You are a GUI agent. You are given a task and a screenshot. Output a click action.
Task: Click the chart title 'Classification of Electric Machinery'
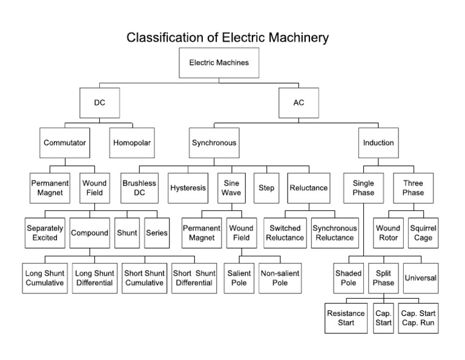pos(228,38)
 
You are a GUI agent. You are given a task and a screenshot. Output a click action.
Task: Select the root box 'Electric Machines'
pos(219,62)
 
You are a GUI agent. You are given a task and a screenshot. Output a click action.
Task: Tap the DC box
pos(99,102)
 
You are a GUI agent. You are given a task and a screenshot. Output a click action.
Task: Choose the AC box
pos(298,102)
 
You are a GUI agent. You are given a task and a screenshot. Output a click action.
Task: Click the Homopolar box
pos(131,143)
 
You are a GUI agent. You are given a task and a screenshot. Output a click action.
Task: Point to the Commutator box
pos(65,143)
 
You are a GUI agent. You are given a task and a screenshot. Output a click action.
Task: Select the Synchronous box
pos(214,143)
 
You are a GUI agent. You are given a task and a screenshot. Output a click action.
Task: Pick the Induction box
pos(378,143)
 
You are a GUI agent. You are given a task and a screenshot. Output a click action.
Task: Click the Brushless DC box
pos(139,188)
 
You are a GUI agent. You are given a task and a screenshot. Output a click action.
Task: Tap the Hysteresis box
pos(188,188)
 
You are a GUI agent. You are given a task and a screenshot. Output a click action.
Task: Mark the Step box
pos(266,188)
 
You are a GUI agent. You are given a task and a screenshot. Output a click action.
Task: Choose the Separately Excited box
pos(45,233)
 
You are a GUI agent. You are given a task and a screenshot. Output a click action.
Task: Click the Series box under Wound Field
pos(157,233)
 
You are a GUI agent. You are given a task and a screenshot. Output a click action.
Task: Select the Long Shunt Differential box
pos(95,278)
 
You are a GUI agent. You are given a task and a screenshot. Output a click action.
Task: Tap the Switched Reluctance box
pos(285,233)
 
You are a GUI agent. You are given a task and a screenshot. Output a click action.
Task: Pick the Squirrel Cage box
pos(423,233)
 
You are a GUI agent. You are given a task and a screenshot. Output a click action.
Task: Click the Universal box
pos(420,278)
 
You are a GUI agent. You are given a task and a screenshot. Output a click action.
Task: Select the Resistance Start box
pos(346,318)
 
